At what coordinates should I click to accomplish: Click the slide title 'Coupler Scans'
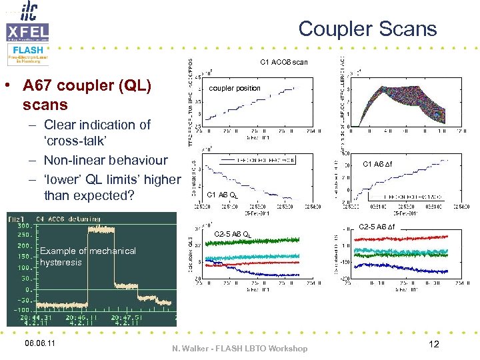point(367,29)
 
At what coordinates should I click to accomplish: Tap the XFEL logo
point(27,32)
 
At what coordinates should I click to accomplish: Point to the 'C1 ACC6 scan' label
point(283,62)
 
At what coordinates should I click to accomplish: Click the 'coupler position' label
point(235,88)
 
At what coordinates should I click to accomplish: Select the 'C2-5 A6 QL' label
point(233,234)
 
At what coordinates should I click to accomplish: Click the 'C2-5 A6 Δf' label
point(377,227)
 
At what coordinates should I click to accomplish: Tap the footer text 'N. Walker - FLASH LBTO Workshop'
point(239,349)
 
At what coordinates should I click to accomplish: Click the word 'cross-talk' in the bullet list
point(75,142)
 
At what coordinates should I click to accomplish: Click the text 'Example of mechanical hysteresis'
point(87,257)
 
